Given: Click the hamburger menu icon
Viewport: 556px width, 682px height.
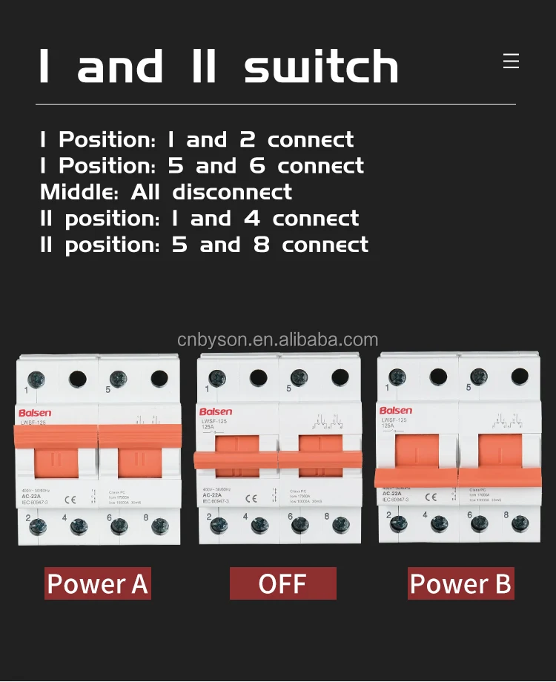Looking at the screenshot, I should (x=511, y=61).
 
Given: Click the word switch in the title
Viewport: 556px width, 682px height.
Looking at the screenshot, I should (x=321, y=67).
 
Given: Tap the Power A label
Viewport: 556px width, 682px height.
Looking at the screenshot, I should (x=98, y=584).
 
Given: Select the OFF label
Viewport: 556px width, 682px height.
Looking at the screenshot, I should (x=282, y=584).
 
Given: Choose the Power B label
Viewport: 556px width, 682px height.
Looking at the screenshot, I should (x=460, y=584).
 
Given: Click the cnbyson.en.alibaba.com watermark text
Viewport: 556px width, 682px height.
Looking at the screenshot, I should (x=278, y=340).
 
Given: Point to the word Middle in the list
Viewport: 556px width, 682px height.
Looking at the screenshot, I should (x=79, y=192).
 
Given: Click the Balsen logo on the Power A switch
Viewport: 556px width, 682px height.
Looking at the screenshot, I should (x=36, y=411).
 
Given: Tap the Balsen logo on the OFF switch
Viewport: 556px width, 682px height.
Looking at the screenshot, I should (x=216, y=411).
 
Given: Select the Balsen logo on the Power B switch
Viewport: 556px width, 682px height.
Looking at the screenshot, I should (x=396, y=410).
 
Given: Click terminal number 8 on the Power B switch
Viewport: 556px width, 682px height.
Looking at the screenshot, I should (x=506, y=514).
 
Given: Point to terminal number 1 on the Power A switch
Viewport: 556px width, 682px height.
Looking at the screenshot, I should (x=26, y=389).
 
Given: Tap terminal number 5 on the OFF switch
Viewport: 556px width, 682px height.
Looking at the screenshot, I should (x=288, y=388).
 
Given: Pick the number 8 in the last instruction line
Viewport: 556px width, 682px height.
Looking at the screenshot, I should (x=262, y=245).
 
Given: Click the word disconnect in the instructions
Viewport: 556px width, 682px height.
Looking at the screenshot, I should (x=232, y=192).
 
